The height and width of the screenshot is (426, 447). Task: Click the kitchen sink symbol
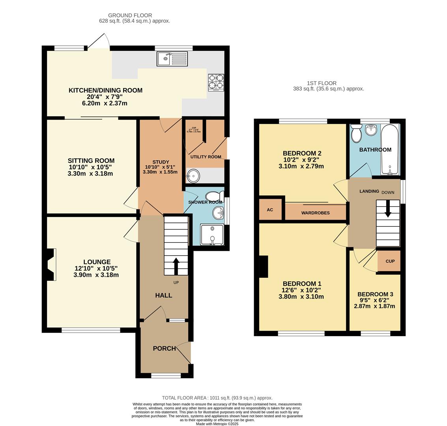click(x=172, y=59)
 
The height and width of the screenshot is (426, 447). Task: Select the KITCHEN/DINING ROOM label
click(x=105, y=90)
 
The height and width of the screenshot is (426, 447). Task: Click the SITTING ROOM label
click(x=91, y=161)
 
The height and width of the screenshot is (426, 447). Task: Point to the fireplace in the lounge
click(x=50, y=264)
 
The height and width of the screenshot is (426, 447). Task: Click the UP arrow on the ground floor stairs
click(x=176, y=267)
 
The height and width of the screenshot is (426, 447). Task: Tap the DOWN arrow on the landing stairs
click(x=388, y=209)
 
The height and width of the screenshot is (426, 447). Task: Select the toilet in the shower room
click(x=215, y=196)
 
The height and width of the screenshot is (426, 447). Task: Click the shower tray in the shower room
click(x=212, y=235)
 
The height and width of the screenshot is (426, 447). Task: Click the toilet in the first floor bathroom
click(x=356, y=133)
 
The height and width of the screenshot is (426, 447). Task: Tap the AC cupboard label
click(x=270, y=210)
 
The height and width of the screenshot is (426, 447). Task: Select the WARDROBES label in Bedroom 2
click(x=315, y=213)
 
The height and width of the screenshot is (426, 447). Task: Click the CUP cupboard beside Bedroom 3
click(x=390, y=261)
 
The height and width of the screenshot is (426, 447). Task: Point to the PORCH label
click(x=164, y=348)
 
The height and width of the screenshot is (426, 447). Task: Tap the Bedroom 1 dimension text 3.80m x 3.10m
click(x=301, y=297)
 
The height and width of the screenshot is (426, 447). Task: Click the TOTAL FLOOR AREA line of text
click(x=217, y=398)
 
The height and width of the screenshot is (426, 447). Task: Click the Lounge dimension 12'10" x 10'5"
click(x=96, y=269)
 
